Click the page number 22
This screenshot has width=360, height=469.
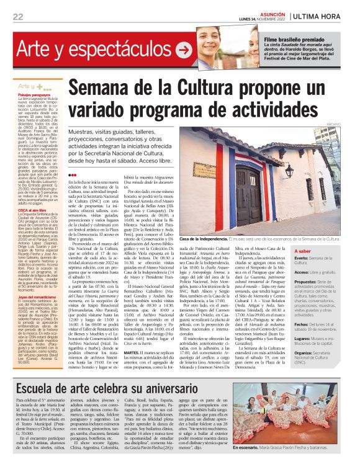(18, 16)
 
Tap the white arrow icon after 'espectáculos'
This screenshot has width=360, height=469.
(184, 48)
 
